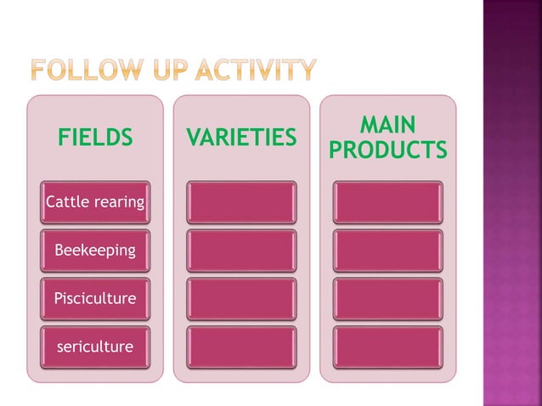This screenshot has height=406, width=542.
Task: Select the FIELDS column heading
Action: (x=95, y=137)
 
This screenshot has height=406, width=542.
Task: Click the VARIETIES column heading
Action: (x=241, y=137)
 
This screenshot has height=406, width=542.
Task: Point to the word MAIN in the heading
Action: (x=387, y=126)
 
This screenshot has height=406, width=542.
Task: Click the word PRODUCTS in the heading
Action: (x=387, y=150)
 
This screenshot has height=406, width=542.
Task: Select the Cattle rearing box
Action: (x=95, y=202)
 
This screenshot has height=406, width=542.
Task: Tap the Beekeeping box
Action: (x=95, y=251)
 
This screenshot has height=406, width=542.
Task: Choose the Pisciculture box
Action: (x=95, y=299)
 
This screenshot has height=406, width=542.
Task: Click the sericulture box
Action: (x=95, y=347)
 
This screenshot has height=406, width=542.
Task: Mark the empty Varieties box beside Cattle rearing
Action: (x=241, y=202)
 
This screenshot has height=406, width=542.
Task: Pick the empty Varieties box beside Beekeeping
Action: (x=241, y=251)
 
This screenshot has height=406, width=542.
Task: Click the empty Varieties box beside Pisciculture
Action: (x=241, y=299)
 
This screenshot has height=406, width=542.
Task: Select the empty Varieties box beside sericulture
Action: (x=241, y=347)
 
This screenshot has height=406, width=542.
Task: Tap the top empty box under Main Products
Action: (x=387, y=202)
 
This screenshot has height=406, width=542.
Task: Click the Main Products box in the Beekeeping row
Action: (x=387, y=251)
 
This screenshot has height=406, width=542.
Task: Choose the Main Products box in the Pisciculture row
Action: (x=387, y=299)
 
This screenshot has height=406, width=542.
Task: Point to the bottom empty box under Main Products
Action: (x=387, y=347)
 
